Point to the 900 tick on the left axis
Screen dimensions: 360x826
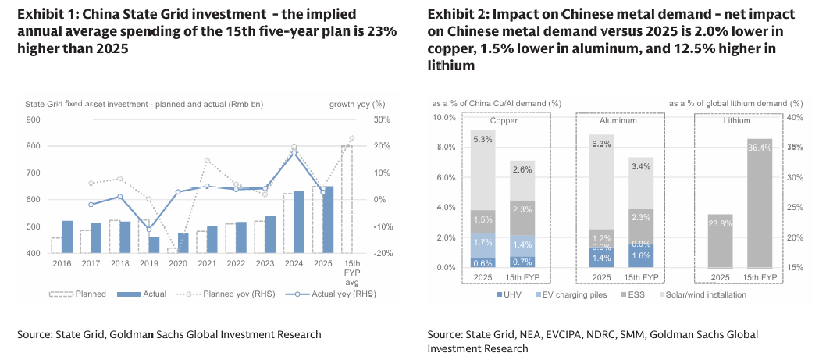tap(33, 119)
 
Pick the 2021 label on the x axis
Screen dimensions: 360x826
tap(206, 264)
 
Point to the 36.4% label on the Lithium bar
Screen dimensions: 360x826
tap(760, 148)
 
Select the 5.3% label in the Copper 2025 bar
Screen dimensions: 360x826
tap(482, 140)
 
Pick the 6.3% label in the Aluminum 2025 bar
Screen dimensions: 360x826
tap(602, 144)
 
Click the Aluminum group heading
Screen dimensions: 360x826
tap(620, 121)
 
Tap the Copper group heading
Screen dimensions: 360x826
tap(504, 121)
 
